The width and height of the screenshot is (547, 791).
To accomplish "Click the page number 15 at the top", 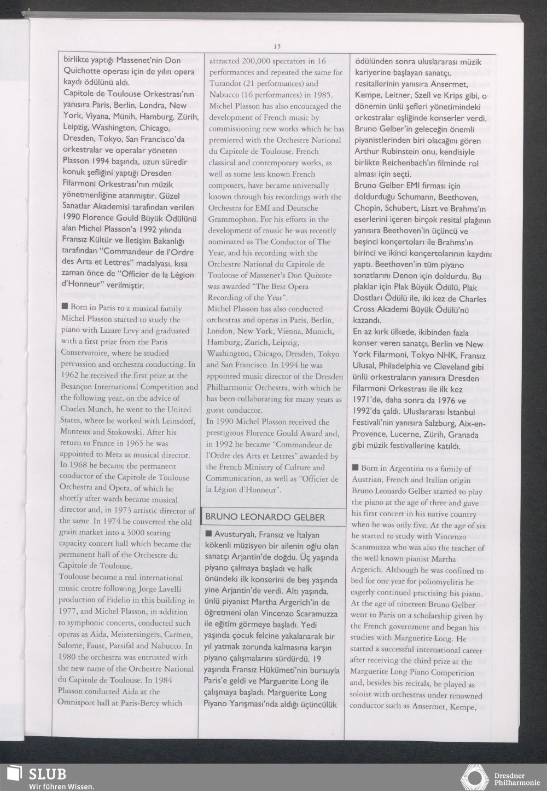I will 277,47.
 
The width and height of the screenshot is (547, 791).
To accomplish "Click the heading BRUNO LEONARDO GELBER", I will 265,517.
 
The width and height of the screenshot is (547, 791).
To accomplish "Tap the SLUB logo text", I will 47,774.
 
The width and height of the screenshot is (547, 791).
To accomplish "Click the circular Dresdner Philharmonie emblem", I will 475,778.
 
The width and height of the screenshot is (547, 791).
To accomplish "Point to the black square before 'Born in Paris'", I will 65,307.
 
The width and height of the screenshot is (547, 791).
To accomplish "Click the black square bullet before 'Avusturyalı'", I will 208,534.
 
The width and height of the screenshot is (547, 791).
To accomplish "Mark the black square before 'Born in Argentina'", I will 355,468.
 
